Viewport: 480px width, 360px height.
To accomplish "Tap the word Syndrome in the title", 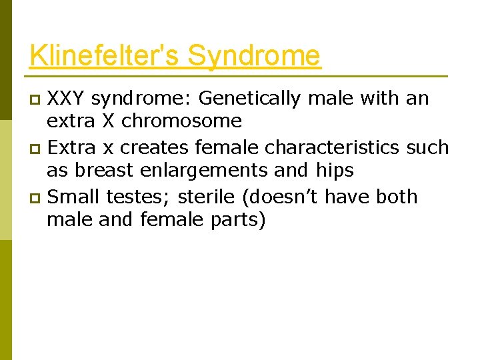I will click(x=254, y=55).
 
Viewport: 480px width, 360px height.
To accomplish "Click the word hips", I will click(x=332, y=171).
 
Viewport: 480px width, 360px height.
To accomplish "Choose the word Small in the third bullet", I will click(x=71, y=197).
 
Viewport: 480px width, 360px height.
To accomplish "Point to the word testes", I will click(x=128, y=197).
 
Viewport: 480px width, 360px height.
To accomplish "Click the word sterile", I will click(x=191, y=197).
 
